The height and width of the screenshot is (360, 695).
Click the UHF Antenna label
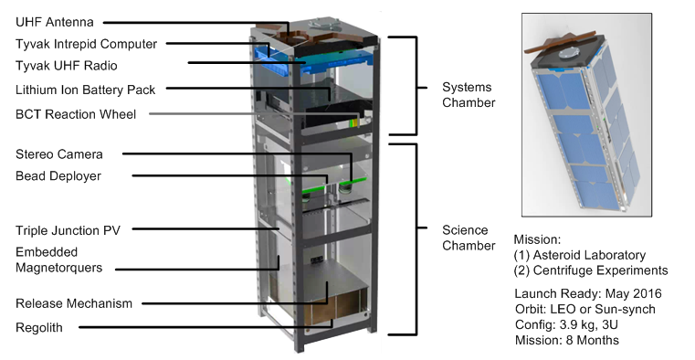coord(55,22)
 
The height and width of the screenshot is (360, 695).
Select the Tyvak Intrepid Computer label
coord(87,44)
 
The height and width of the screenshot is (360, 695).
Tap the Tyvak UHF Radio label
coord(67,66)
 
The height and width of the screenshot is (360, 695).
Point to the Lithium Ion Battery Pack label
coord(86,90)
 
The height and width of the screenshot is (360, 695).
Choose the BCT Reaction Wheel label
coord(76,114)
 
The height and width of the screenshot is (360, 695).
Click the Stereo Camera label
coord(59,154)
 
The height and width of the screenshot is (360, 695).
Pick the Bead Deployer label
coord(58,176)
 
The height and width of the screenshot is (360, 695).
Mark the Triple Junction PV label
coord(68,230)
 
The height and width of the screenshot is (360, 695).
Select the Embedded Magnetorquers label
coord(59,259)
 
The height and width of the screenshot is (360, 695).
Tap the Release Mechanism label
coord(74,303)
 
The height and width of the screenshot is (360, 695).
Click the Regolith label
coord(39,328)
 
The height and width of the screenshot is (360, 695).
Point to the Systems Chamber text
coord(469,95)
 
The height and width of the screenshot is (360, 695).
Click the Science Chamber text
coord(469,238)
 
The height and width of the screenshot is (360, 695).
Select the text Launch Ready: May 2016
coord(588,293)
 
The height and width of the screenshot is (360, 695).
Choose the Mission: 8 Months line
coord(567,340)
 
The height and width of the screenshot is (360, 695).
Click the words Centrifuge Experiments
coord(601,270)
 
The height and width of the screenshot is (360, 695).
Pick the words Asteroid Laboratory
coord(589,255)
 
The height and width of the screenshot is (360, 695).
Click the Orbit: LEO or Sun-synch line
coord(585,309)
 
